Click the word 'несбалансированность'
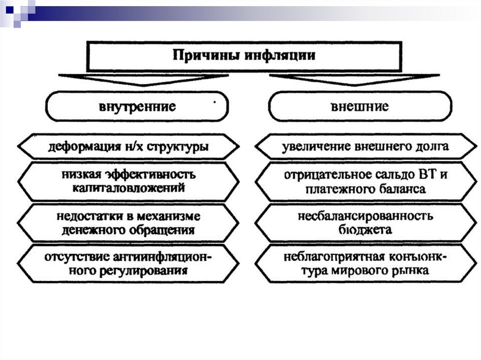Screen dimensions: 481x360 365,217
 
